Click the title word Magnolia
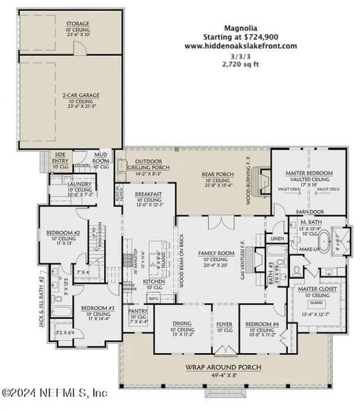[x=240, y=27]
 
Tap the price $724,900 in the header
[x=259, y=37]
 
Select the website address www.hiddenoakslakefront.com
[x=240, y=46]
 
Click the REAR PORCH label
[x=213, y=174]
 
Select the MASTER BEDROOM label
[x=309, y=173]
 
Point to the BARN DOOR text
[x=309, y=211]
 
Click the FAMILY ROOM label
[x=212, y=253]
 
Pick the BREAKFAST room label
[x=149, y=194]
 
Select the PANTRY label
[x=138, y=310]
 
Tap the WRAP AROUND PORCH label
[x=223, y=367]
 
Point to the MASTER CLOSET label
[x=316, y=289]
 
